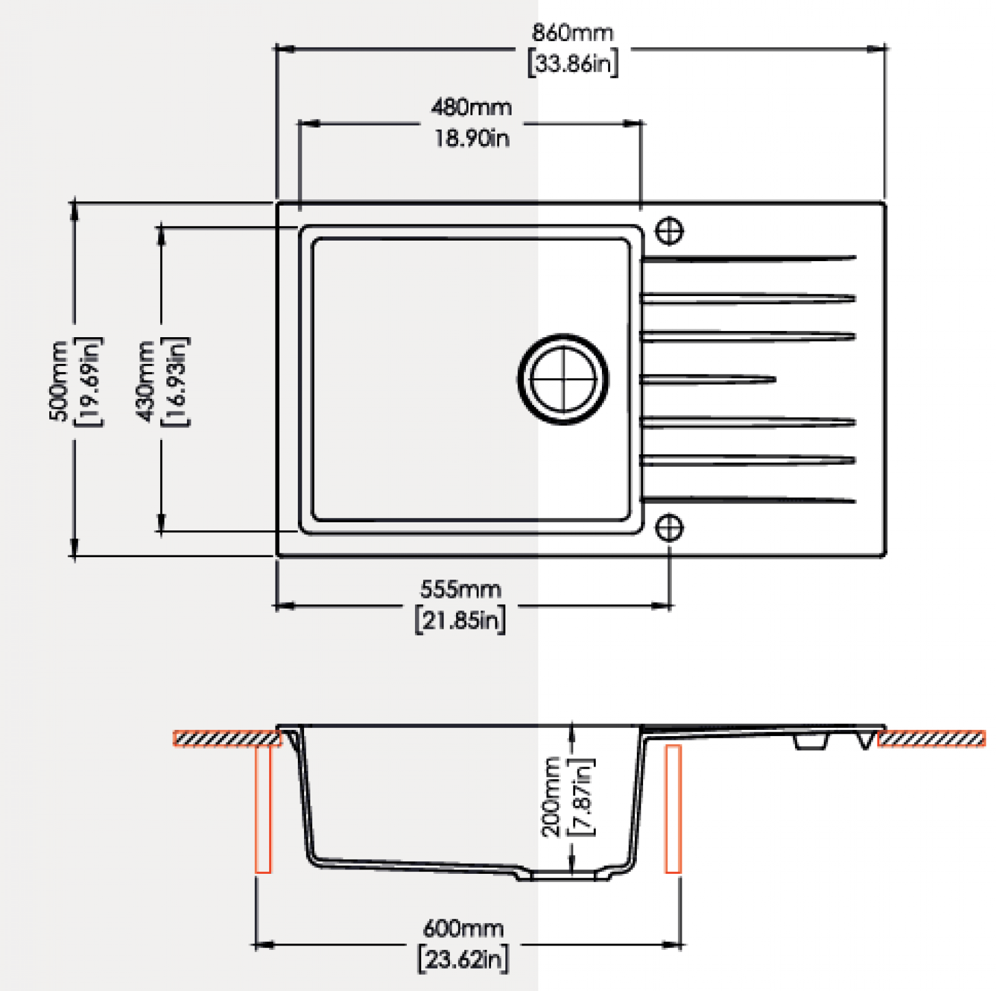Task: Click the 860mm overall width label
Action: (572, 32)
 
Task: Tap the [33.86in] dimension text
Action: (573, 63)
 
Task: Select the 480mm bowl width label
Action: (472, 107)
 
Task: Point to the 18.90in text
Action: (472, 138)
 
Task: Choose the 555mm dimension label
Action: (460, 589)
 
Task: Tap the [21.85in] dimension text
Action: (460, 620)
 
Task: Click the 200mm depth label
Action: (551, 797)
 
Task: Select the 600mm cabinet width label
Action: (463, 929)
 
